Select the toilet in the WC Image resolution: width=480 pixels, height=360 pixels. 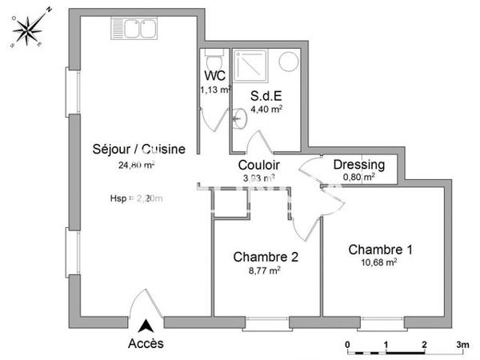point(214,60)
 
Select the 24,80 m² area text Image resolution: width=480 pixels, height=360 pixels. point(136,166)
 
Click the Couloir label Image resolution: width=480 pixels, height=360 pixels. point(258,165)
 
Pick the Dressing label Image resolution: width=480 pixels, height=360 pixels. point(358,165)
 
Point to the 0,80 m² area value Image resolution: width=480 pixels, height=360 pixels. point(358,178)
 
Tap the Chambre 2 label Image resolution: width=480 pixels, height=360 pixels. point(266,257)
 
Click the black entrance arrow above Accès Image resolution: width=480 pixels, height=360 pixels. point(146,326)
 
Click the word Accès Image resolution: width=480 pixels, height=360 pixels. point(146,344)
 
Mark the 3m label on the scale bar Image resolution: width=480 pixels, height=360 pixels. point(462,345)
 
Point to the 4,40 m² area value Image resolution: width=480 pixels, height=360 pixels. point(266,108)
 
